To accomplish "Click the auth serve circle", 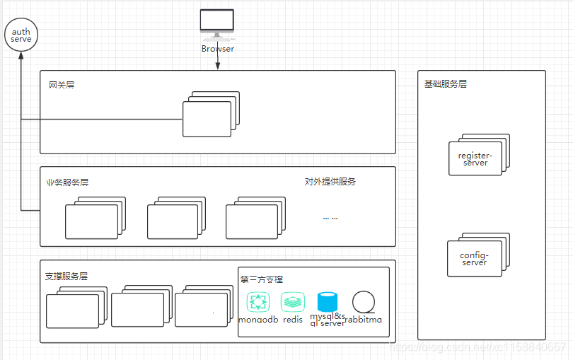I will (21, 35).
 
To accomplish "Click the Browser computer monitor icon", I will (216, 23).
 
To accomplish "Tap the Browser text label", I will (217, 49).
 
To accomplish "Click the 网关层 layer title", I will (62, 85).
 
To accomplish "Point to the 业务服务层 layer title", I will (67, 182).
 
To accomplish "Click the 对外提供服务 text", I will (330, 182).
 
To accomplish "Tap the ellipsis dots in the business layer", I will (330, 218).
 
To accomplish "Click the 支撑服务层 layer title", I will (66, 276).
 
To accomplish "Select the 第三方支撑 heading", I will (262, 279).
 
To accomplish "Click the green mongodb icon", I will (258, 302).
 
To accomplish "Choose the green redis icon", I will (293, 302).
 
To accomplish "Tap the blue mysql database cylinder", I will (328, 302).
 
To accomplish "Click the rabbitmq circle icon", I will (363, 302).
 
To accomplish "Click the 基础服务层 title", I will (446, 83).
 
